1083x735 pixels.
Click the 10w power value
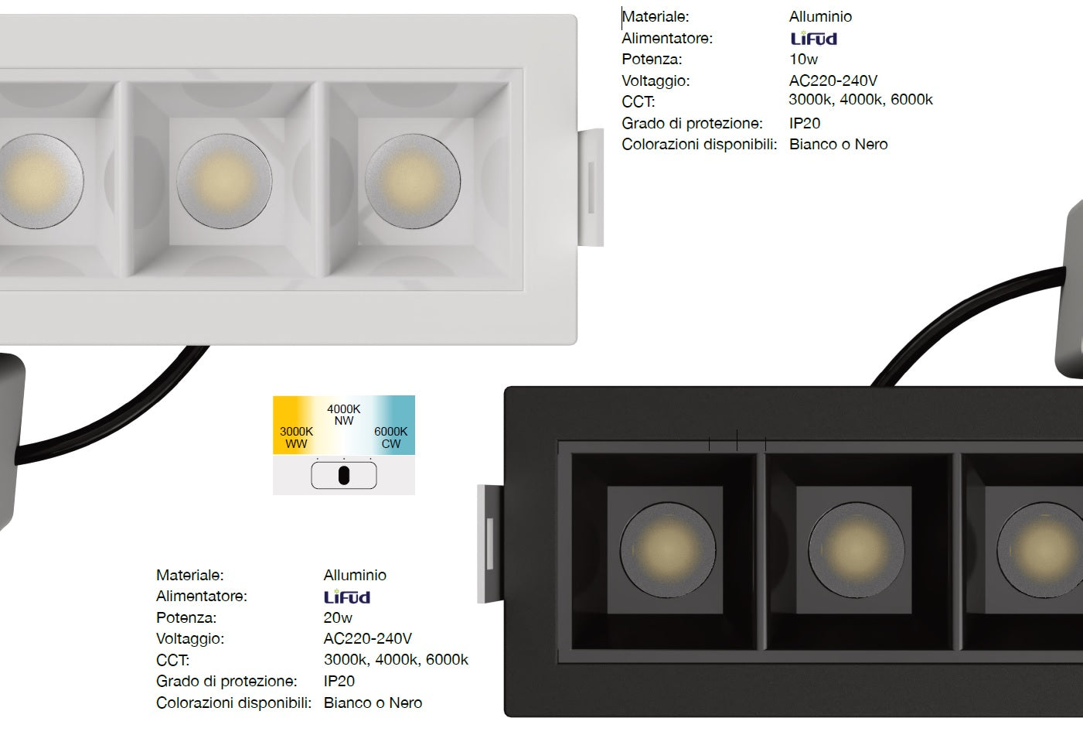803,60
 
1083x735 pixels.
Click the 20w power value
338,617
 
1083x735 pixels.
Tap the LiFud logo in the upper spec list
814,38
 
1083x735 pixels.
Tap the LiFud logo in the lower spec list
347,597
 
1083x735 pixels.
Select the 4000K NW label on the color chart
344,415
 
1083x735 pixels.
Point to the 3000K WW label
296,437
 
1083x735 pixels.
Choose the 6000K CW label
390,437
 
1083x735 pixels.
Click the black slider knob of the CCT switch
344,475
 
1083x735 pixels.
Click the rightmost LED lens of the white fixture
413,181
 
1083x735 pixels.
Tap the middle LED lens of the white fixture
224,181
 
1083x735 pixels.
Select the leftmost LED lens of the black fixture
668,549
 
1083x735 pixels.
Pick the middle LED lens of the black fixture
857,549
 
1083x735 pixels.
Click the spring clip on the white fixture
591,187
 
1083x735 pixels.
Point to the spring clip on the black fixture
490,544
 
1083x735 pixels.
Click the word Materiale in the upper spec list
655,17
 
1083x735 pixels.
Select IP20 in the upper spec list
805,123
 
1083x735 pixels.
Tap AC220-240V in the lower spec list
367,639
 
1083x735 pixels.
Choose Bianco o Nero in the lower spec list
373,703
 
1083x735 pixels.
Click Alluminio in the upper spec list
820,17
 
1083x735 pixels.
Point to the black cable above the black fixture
948,315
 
